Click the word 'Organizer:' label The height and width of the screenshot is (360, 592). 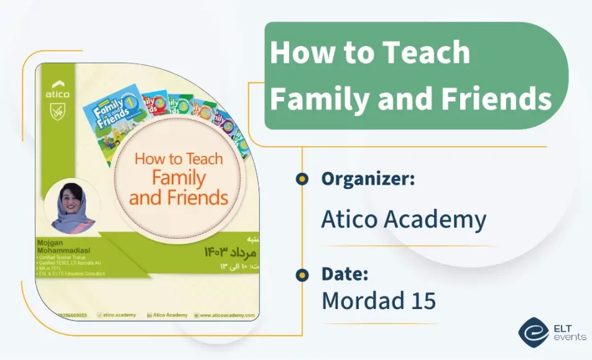[x=368, y=179]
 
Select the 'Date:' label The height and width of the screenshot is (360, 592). [x=345, y=274]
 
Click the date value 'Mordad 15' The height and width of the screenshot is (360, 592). [x=378, y=301]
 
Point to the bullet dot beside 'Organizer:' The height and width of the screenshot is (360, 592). [x=302, y=179]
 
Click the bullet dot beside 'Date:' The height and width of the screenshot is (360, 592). [x=302, y=274]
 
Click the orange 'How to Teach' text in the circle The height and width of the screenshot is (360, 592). [x=178, y=159]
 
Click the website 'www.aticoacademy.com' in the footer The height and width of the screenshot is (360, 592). [x=227, y=315]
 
